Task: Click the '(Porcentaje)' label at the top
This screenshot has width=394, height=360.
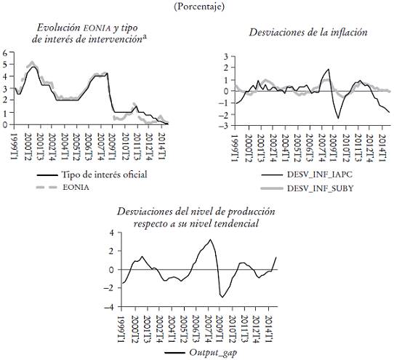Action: click(x=196, y=6)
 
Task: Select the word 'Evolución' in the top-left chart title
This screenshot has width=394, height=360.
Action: click(x=57, y=27)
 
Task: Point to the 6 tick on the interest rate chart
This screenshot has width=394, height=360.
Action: click(x=5, y=53)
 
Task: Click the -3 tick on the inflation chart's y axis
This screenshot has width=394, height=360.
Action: click(x=225, y=126)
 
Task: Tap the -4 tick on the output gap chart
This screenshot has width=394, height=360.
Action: click(x=110, y=307)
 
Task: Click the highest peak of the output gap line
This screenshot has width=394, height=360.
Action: click(x=210, y=240)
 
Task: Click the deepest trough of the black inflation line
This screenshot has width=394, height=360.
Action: click(x=338, y=118)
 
